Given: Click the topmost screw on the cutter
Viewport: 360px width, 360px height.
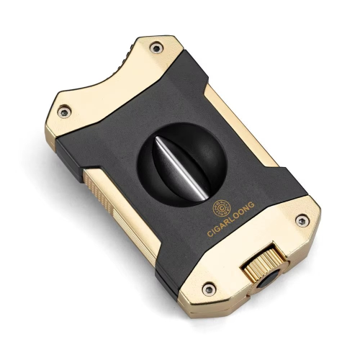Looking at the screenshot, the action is [x=156, y=48].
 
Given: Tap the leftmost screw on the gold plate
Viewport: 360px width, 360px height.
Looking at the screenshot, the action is [x=64, y=112].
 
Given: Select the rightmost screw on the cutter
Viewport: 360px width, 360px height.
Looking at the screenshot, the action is [x=302, y=220].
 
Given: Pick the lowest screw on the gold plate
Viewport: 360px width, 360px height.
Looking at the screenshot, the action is [x=209, y=289].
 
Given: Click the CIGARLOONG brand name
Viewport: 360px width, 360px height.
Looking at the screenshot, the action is [x=230, y=219].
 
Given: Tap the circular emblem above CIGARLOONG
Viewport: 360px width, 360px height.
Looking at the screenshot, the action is [x=222, y=209].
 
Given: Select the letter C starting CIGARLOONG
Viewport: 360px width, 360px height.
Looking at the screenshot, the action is [x=210, y=234].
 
